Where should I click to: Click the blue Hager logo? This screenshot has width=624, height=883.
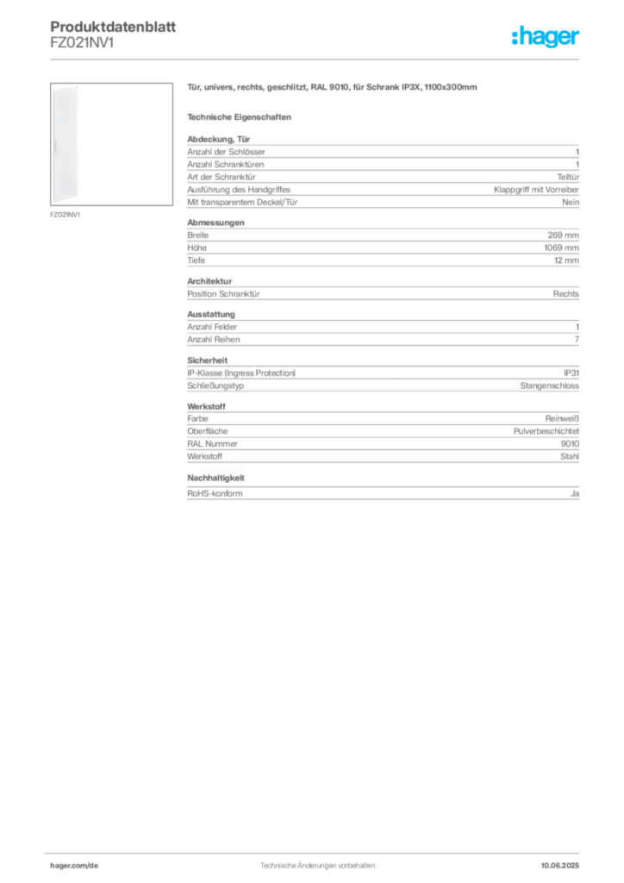click(546, 39)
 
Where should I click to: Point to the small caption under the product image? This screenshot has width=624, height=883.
click(66, 215)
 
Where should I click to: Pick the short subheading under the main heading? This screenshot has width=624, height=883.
click(241, 116)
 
